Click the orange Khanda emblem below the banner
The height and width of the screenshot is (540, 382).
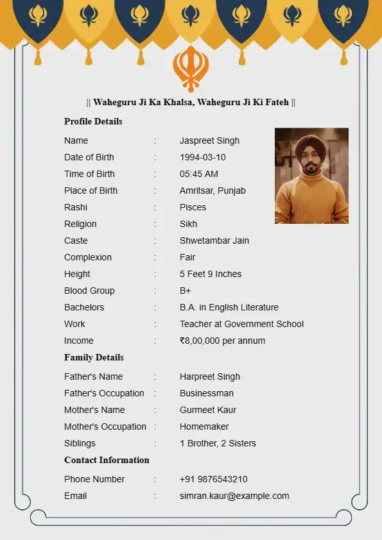(x=191, y=68)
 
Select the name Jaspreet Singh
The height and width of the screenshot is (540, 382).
(x=209, y=140)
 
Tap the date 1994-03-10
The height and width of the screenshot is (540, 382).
(x=202, y=157)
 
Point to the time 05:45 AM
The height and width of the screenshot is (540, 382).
(x=198, y=174)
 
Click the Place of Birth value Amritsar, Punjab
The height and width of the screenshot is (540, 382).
(x=213, y=190)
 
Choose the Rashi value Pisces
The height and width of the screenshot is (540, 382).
(x=193, y=207)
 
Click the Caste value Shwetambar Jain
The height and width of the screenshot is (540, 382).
(x=214, y=240)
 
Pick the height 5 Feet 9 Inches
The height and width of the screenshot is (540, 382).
(x=211, y=274)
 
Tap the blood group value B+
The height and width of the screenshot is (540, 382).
(x=185, y=291)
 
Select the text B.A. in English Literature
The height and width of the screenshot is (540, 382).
(x=229, y=307)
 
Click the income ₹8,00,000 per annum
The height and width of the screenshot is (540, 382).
(x=222, y=341)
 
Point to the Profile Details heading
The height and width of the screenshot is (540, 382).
(x=93, y=121)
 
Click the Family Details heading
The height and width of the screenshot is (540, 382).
(x=94, y=357)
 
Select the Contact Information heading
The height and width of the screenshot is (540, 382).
(x=107, y=460)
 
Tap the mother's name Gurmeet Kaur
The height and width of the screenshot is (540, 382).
(x=208, y=410)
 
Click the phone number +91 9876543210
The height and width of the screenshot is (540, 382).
(x=213, y=479)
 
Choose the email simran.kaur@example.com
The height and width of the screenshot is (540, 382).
(x=234, y=496)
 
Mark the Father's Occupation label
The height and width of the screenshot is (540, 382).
(x=104, y=393)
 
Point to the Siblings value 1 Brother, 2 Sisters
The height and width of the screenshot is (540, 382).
(x=218, y=443)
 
